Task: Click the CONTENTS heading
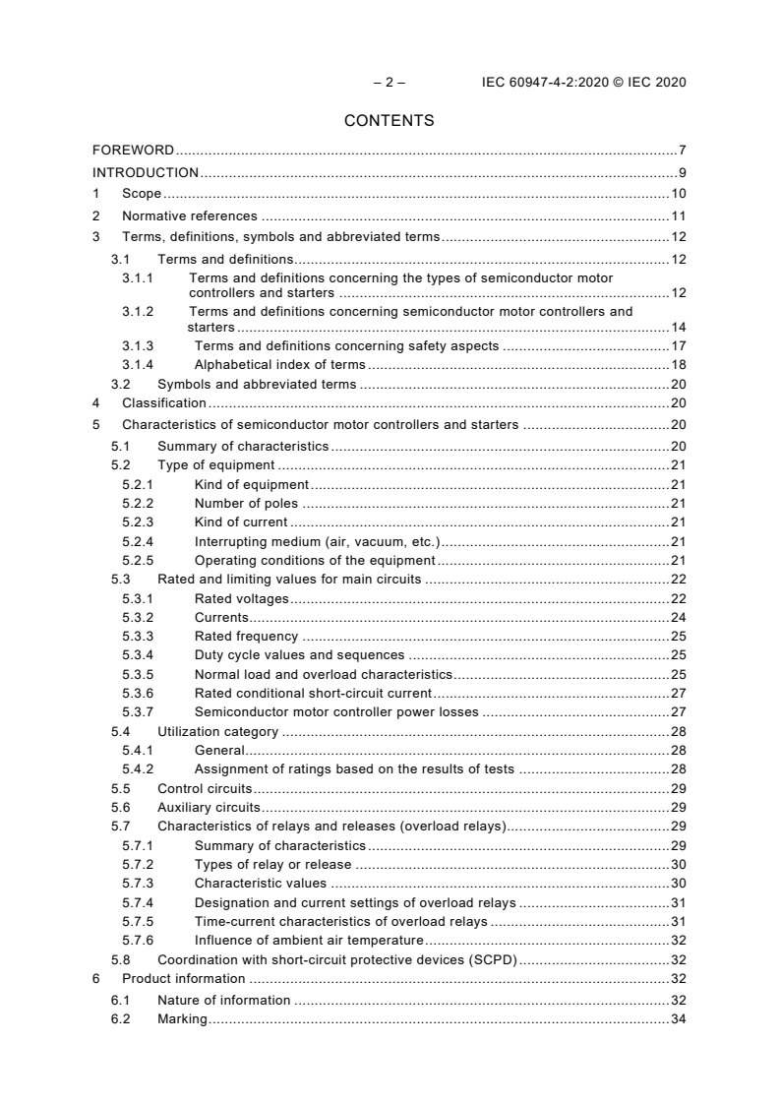point(389,121)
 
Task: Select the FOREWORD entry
point(133,151)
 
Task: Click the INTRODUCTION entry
point(146,173)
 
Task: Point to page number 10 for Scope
point(678,194)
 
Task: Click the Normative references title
point(189,216)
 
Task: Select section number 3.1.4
point(138,364)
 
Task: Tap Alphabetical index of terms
point(279,364)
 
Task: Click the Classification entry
point(163,402)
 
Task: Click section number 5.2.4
point(138,541)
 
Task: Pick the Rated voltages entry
point(241,598)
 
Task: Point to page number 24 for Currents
point(678,618)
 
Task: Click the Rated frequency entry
point(246,637)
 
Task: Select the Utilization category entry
point(217,731)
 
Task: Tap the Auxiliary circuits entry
point(209,807)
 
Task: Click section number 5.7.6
point(138,940)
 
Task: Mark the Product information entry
point(183,978)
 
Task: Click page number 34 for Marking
point(678,1019)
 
